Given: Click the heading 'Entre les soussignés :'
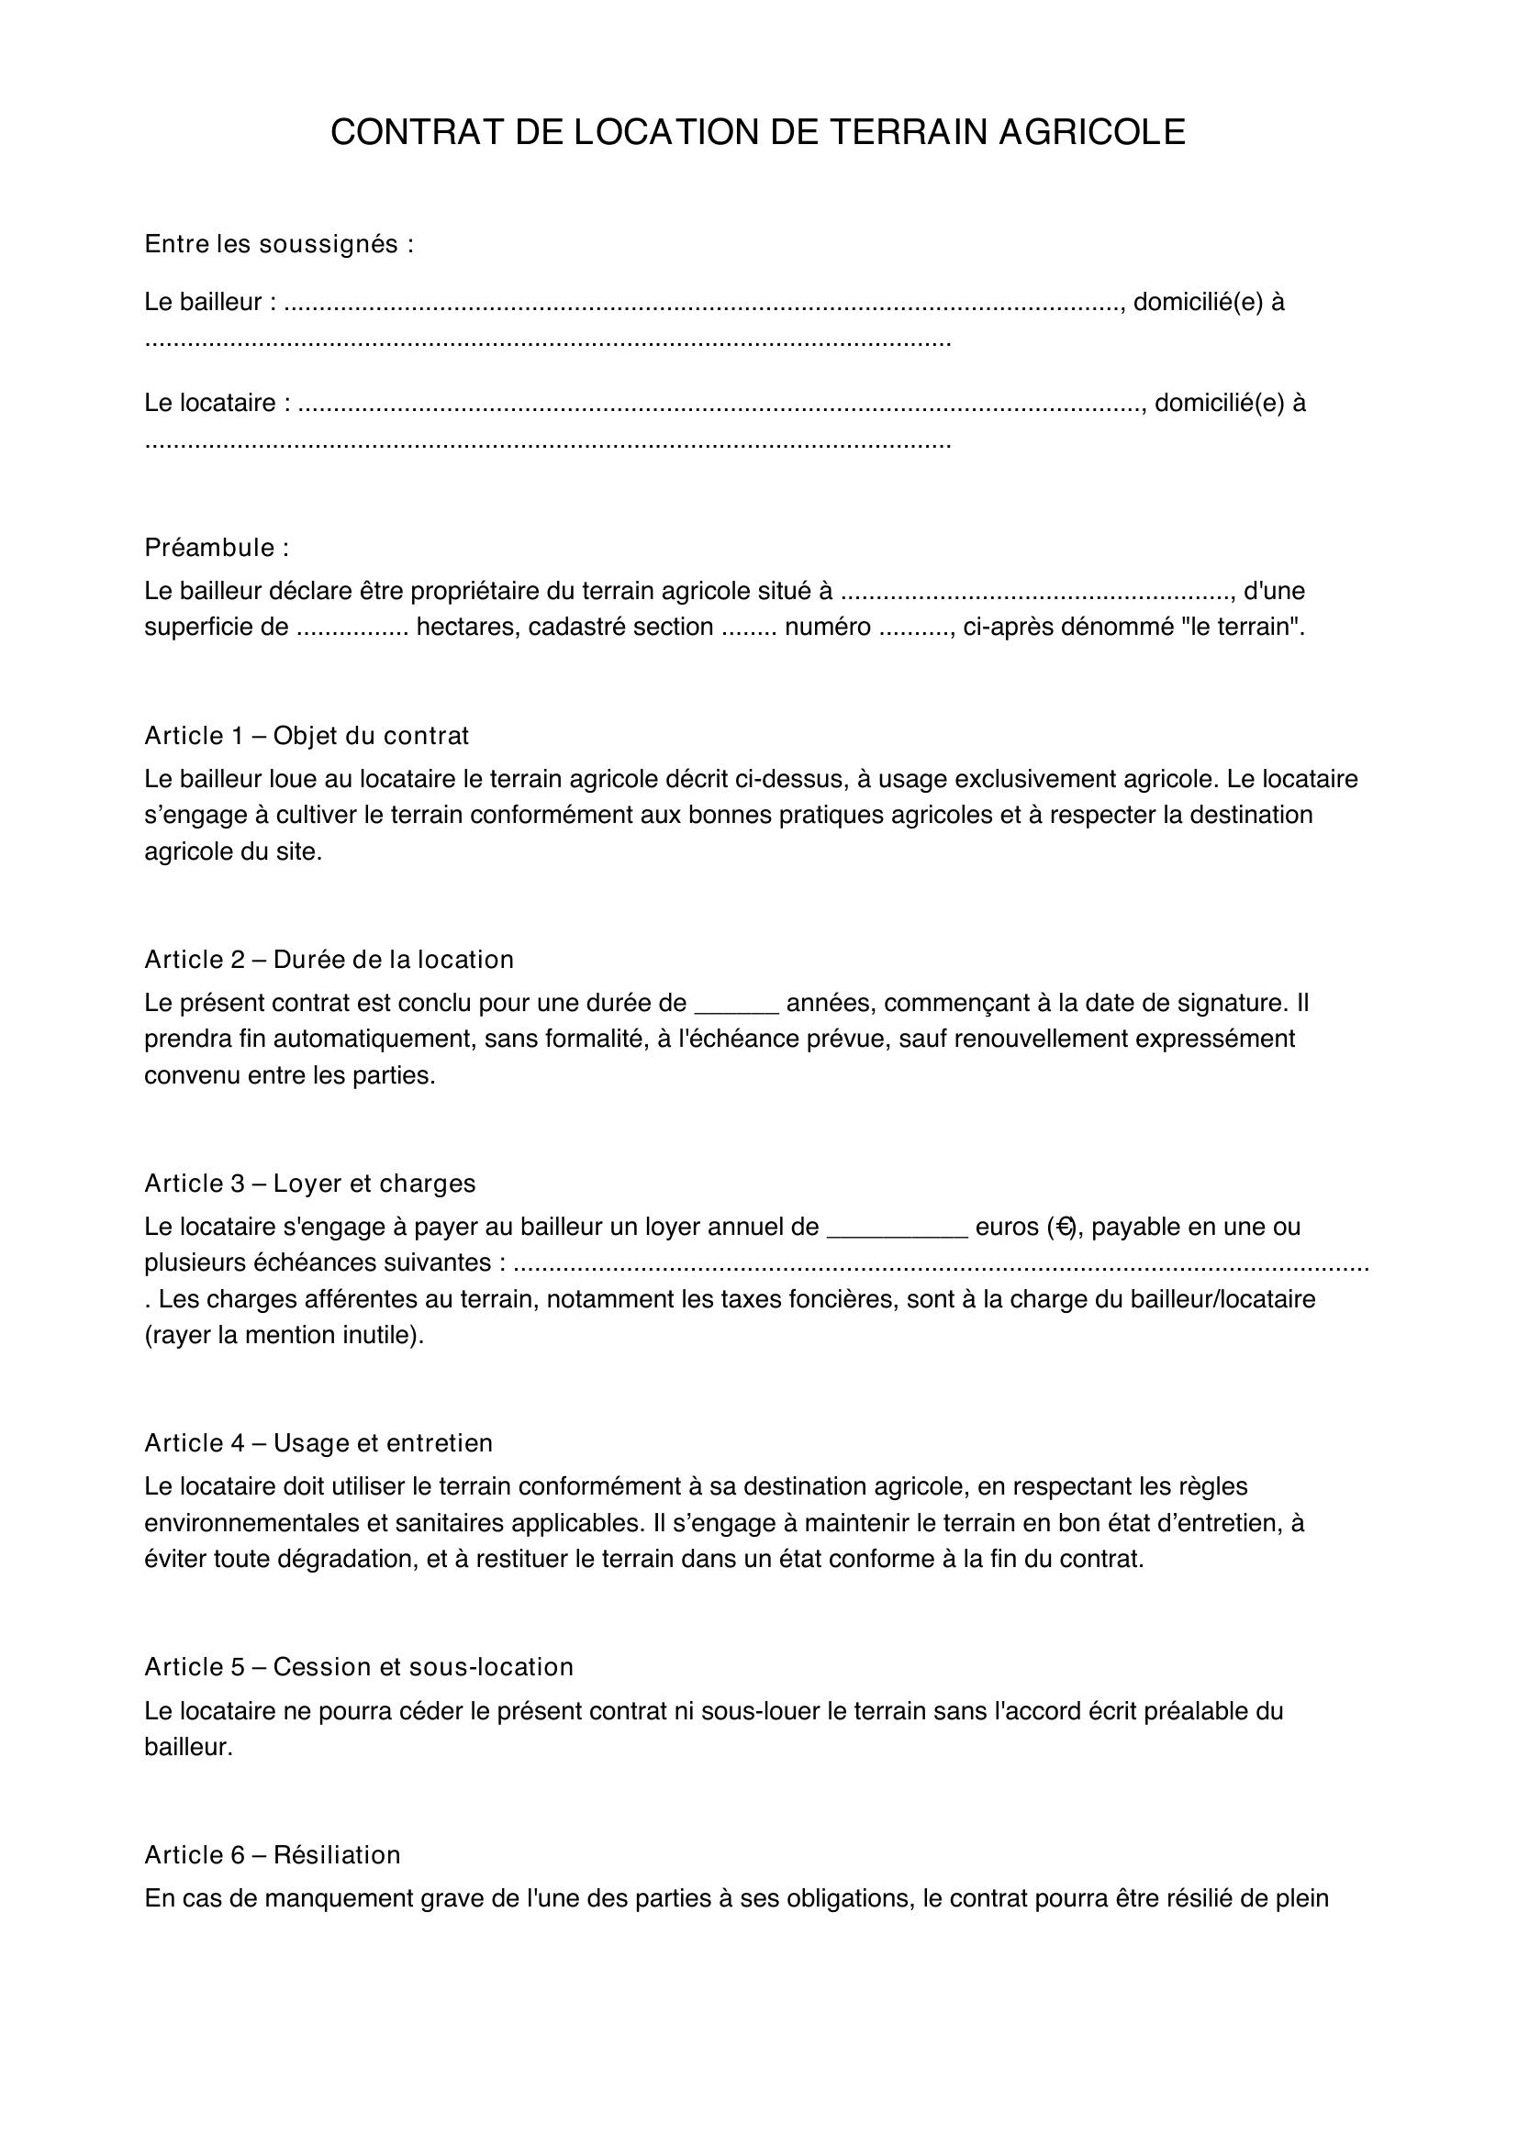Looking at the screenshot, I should [279, 244].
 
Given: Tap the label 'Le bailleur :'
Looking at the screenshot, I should [210, 302].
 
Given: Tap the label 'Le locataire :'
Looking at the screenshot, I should [217, 403].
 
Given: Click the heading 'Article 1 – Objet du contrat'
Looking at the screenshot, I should [307, 736].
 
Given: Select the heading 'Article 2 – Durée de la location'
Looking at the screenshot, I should [329, 959].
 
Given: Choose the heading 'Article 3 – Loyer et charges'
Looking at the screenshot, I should [310, 1184].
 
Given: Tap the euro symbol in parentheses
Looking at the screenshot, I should [1063, 1228].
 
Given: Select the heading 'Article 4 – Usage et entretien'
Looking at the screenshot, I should [318, 1443].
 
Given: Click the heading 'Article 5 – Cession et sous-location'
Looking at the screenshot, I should [359, 1666].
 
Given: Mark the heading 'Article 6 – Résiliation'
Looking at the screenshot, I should [272, 1854].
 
